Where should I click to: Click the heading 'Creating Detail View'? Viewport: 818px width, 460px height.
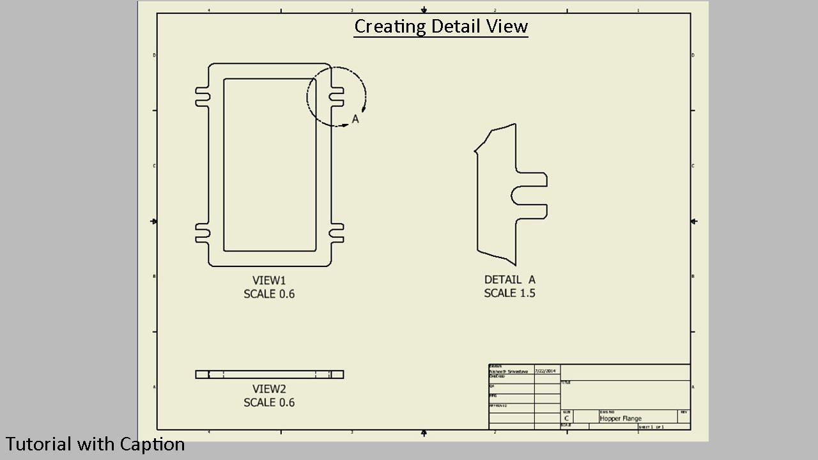tap(441, 27)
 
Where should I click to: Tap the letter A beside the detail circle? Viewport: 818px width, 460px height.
tap(356, 119)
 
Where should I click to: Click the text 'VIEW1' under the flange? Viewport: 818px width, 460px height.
tap(269, 280)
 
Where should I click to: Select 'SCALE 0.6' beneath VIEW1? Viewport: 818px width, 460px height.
tap(269, 294)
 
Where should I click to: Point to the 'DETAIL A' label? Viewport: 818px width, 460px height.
tap(509, 280)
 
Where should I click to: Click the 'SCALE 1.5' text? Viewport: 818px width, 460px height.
tap(509, 293)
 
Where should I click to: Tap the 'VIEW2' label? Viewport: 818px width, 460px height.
tap(269, 389)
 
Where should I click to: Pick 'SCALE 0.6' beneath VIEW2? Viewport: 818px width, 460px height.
tap(269, 402)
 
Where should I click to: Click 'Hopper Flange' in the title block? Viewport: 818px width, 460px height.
tap(621, 418)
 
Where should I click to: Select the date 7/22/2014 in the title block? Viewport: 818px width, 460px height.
tap(546, 371)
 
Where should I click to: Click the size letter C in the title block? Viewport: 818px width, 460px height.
tap(566, 418)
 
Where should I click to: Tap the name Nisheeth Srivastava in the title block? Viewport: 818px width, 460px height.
tap(509, 371)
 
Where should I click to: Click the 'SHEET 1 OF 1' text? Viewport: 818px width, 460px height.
tap(651, 427)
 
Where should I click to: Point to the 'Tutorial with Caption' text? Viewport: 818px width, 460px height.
tap(95, 444)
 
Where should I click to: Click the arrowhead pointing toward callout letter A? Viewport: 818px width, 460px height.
tap(345, 125)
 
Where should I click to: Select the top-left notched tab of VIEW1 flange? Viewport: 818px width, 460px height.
tap(202, 96)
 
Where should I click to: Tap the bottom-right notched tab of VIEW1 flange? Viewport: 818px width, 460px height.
tap(337, 234)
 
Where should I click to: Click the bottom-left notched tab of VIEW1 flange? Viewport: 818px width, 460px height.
tap(202, 234)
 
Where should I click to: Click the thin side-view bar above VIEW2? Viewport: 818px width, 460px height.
tap(269, 374)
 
